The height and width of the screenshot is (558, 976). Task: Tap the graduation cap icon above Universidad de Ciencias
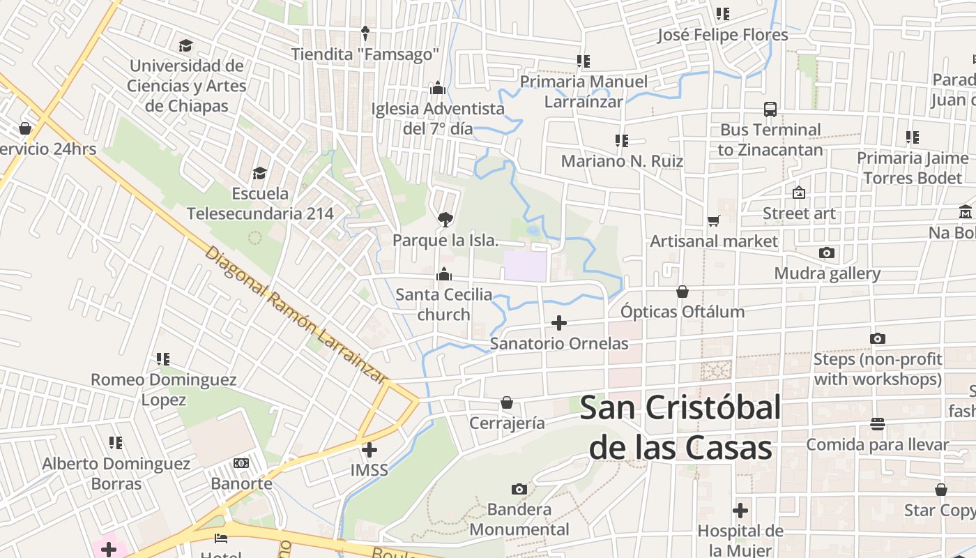click(x=185, y=46)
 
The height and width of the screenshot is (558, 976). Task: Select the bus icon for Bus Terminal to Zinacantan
click(x=770, y=110)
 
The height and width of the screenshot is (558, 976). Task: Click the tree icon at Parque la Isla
click(x=445, y=220)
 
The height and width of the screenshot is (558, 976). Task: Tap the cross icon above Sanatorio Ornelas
click(x=558, y=323)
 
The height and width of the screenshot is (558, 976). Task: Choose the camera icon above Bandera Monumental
click(x=519, y=489)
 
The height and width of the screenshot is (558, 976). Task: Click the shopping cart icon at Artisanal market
click(x=713, y=221)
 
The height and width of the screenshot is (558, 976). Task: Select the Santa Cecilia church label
click(x=444, y=305)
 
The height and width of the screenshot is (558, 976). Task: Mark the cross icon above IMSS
click(x=369, y=450)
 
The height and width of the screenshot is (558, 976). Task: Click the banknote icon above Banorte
click(x=241, y=463)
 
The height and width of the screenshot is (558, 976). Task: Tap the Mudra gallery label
click(x=828, y=273)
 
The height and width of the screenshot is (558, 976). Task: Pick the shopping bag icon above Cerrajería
click(x=507, y=403)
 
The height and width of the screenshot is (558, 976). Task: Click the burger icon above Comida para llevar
click(x=878, y=424)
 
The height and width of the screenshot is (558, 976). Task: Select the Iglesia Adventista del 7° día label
click(x=438, y=119)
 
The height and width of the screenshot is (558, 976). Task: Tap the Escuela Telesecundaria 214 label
click(x=260, y=203)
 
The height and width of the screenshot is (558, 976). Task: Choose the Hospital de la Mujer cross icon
click(x=740, y=511)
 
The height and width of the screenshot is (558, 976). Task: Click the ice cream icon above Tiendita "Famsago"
click(x=365, y=33)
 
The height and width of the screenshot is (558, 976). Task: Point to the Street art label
click(x=799, y=213)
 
